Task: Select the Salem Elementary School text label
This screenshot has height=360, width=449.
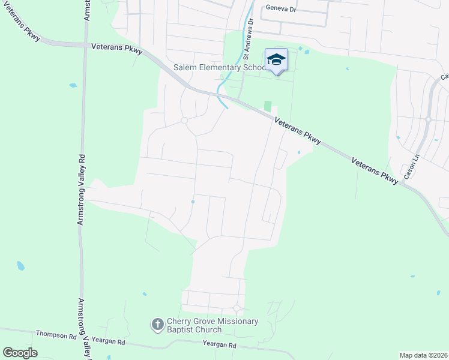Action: (x=220, y=68)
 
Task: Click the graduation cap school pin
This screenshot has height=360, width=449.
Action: (x=276, y=59)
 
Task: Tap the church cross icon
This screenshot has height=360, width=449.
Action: (x=157, y=325)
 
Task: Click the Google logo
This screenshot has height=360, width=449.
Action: (x=20, y=353)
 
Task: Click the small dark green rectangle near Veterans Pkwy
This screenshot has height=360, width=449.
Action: (x=268, y=106)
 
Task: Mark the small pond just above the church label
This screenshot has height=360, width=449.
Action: (x=145, y=294)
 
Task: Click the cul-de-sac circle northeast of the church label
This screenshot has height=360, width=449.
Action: (x=237, y=308)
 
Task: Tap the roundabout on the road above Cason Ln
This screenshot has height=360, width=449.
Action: (x=428, y=119)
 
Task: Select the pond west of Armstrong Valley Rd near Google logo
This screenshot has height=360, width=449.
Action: (x=21, y=265)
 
